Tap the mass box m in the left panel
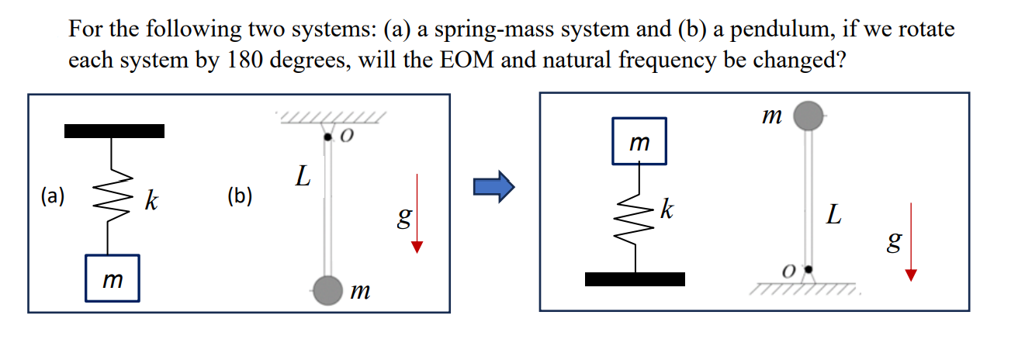click(113, 277)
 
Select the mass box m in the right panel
click(639, 141)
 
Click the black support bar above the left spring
click(114, 131)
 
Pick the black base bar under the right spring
click(635, 279)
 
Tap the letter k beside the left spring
click(151, 203)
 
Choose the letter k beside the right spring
click(668, 209)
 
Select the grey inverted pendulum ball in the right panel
click(810, 116)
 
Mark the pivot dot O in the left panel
click(329, 138)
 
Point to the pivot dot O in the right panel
click(809, 269)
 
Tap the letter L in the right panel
click(833, 215)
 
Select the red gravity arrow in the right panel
click(911, 241)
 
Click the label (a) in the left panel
click(53, 196)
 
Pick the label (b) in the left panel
click(240, 196)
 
